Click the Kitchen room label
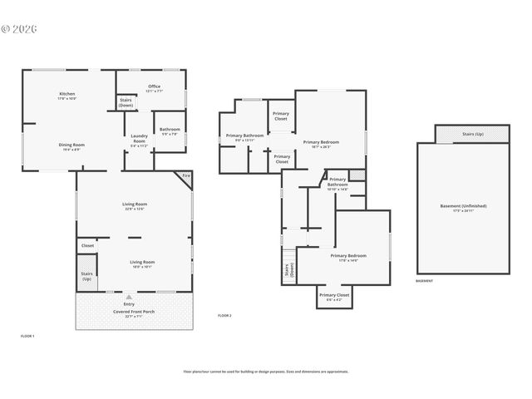(67, 96)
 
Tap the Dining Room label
(71, 146)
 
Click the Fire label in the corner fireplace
(186, 176)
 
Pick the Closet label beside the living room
(88, 245)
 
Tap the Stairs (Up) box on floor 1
(86, 275)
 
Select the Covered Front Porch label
(134, 313)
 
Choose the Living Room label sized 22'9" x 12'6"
(134, 205)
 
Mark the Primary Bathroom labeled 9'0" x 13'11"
(244, 137)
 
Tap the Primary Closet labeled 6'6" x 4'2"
(334, 297)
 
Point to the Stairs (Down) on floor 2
(288, 272)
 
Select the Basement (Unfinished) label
(463, 207)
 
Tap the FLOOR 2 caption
(224, 316)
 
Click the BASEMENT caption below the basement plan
(424, 281)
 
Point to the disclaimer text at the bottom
(265, 372)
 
